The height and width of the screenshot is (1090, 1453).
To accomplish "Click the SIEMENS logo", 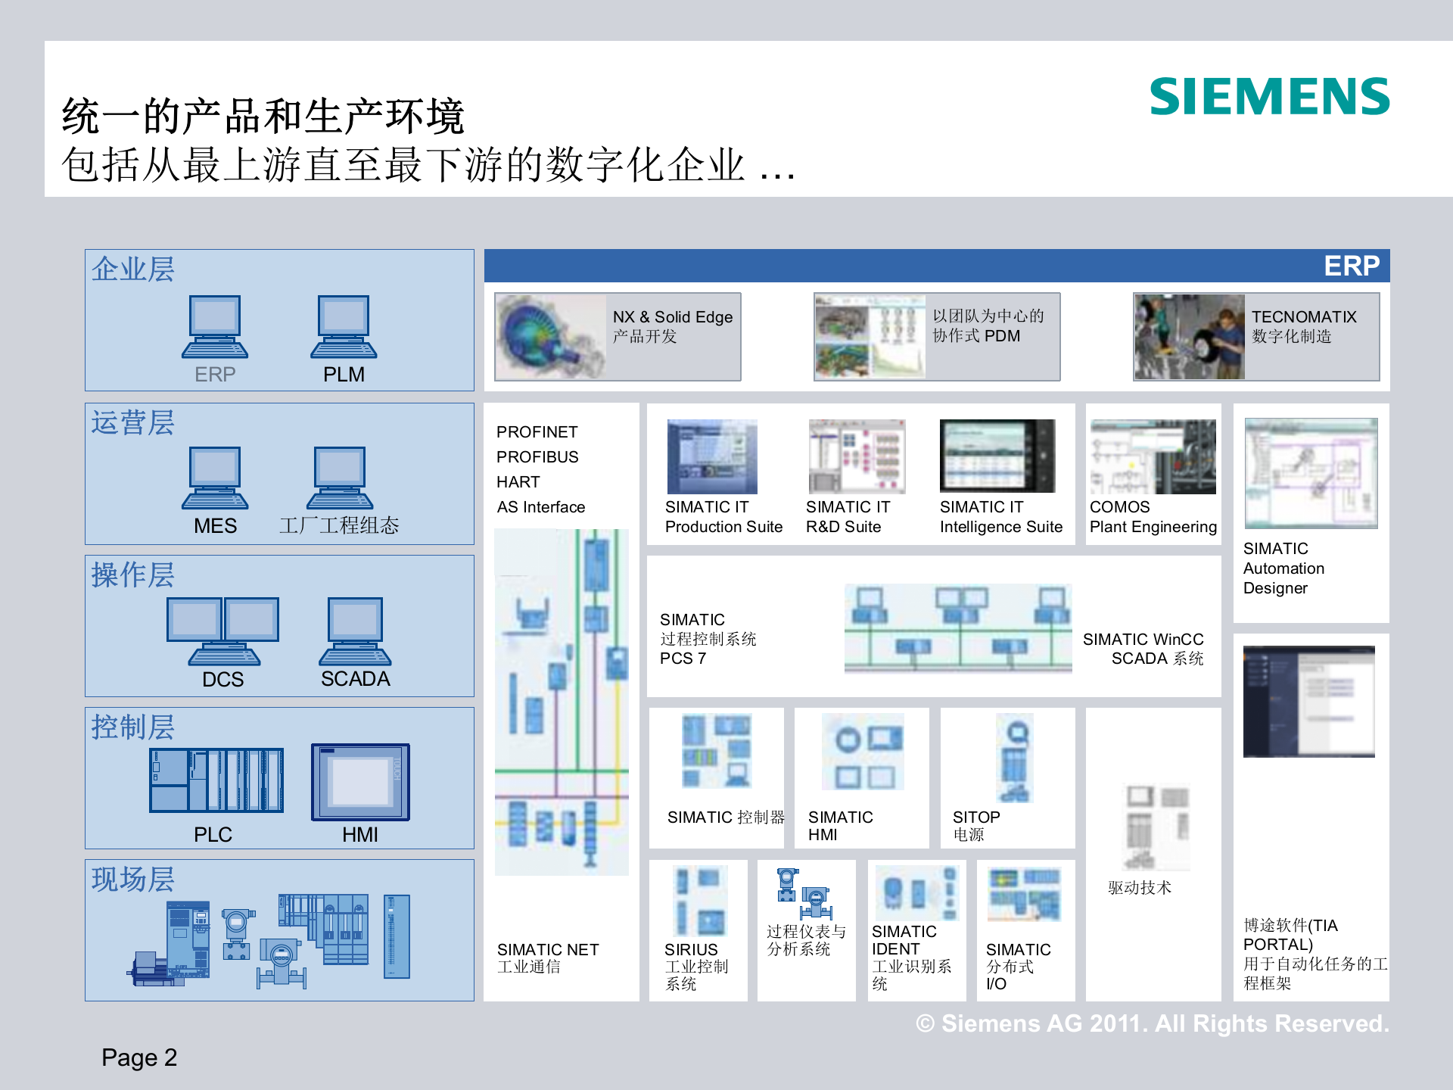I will [x=1269, y=97].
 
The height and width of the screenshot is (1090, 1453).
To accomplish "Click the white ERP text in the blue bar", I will [x=1351, y=266].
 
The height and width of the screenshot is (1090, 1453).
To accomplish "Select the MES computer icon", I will [x=215, y=478].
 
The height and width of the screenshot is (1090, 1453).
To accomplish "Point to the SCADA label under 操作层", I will [x=355, y=679].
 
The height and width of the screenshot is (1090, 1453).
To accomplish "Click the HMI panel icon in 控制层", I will [x=360, y=782].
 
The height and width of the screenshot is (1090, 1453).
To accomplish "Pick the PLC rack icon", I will [x=216, y=780].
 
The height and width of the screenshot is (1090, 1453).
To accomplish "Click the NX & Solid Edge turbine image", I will [x=550, y=337].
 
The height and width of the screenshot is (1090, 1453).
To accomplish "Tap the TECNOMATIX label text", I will [x=1303, y=317].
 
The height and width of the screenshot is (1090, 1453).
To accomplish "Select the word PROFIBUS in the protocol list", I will [x=537, y=457].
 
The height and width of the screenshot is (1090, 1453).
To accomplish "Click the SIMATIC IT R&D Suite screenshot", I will [x=857, y=456].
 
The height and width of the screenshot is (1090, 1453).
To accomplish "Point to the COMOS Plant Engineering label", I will [x=1153, y=517].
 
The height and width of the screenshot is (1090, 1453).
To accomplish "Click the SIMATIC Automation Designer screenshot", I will [x=1311, y=473].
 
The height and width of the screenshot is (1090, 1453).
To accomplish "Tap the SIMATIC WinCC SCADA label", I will [x=1143, y=649].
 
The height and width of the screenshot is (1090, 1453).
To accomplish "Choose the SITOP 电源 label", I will [x=976, y=826].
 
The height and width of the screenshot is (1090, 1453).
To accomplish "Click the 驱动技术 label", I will [x=1140, y=888].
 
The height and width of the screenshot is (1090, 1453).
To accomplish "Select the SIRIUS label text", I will [x=690, y=949].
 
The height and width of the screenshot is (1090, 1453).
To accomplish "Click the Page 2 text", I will [x=139, y=1057].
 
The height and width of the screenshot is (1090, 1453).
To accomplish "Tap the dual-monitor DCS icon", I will [x=222, y=631].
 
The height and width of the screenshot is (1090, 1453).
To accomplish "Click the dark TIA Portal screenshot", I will [x=1308, y=702].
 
